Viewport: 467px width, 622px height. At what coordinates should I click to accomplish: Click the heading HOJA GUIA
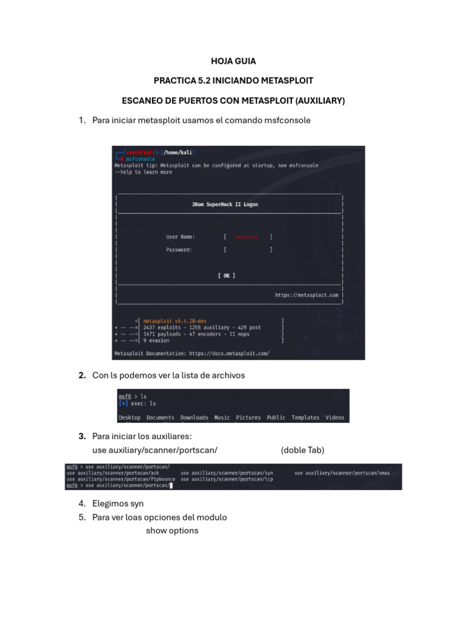233,61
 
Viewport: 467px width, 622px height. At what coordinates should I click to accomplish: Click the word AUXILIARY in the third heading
316,101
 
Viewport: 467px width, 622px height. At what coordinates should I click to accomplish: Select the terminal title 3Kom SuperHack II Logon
224,205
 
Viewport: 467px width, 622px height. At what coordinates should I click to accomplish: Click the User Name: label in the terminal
181,237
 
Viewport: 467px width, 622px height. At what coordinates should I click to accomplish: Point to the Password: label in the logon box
179,250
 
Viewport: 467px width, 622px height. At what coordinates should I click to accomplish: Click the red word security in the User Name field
246,237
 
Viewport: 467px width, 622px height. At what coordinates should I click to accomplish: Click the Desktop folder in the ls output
130,418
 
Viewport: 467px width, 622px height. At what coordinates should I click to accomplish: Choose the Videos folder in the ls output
334,418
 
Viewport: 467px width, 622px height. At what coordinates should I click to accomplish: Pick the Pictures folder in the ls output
248,418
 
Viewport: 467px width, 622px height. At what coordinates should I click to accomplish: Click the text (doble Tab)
302,450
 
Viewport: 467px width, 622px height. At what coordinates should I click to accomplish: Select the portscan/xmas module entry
342,473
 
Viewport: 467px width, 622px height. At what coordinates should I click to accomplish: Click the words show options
172,531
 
